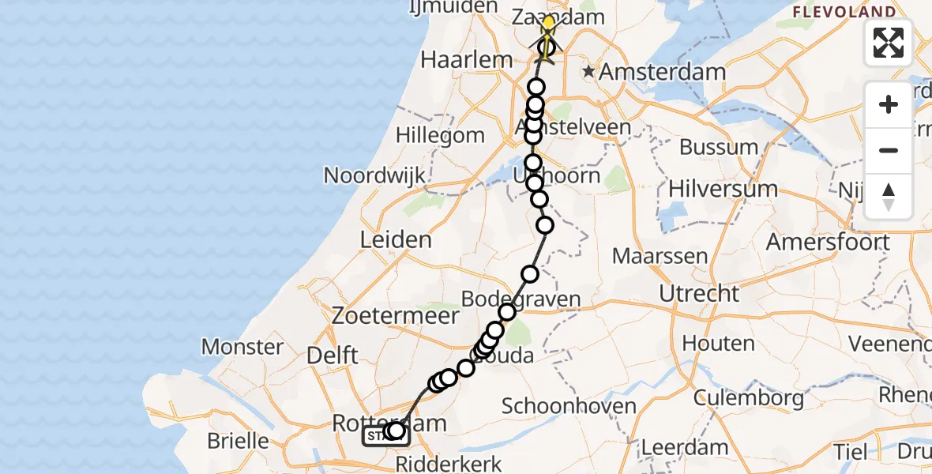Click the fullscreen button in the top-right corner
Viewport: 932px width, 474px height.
[889, 42]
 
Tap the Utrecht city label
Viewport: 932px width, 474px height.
[701, 294]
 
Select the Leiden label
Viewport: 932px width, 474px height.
[396, 239]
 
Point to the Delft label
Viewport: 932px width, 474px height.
[333, 355]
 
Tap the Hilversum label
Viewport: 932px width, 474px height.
[723, 189]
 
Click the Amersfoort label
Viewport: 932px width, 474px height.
[828, 242]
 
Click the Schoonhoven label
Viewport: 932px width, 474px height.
[569, 406]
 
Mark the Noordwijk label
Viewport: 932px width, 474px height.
[375, 175]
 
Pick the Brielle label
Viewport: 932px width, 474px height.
[239, 440]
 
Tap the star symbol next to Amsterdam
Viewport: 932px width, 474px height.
[588, 72]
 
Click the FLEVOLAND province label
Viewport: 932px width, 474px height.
[844, 12]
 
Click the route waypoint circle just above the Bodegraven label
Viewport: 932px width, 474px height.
[530, 274]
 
